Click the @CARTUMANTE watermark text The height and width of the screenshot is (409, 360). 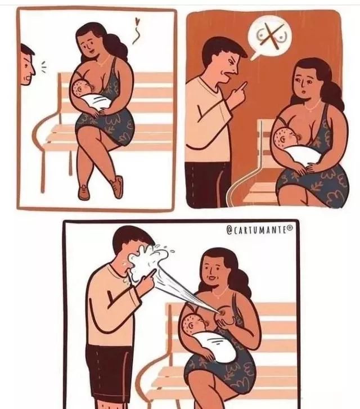tap(259, 230)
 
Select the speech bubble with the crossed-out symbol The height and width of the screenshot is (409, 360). tap(269, 37)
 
